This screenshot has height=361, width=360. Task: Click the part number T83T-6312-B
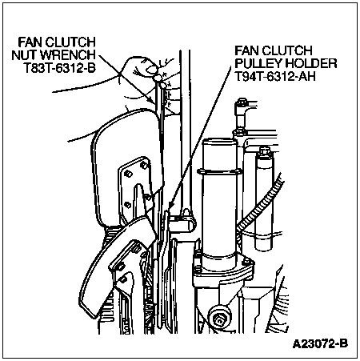pos(60,68)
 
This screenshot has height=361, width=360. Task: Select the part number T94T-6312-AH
pos(275,77)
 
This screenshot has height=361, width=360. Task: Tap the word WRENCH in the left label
pos(68,55)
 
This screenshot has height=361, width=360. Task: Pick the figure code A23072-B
pos(320,343)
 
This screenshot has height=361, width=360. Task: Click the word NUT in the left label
pos(24,55)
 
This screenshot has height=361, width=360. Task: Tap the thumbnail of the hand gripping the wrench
pos(152,70)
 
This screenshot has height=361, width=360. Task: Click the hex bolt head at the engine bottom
pos(219,318)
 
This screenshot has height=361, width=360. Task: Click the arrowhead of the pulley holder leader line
pos(170,206)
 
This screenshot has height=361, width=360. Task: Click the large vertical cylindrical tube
pos(219,203)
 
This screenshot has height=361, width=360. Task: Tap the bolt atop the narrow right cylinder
pos(264,152)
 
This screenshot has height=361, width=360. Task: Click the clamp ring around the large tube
pos(219,172)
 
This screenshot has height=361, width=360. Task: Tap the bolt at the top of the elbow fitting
pos(241,102)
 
